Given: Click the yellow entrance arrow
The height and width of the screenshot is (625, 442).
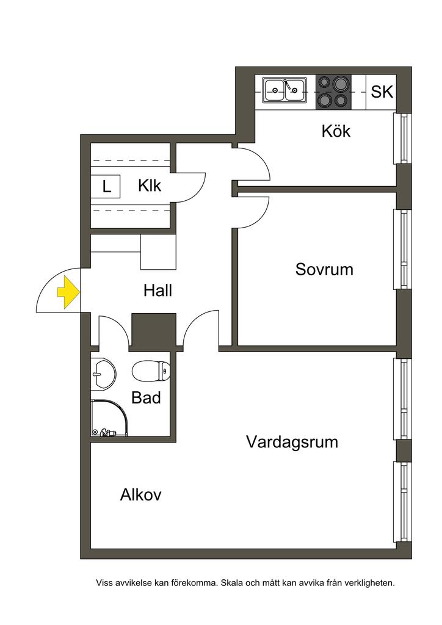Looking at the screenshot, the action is [68, 292].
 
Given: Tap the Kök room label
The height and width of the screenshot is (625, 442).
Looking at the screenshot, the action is [336, 131].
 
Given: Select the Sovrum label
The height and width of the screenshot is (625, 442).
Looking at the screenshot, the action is [324, 269].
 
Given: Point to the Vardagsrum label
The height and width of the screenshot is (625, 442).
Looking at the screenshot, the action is [292, 441].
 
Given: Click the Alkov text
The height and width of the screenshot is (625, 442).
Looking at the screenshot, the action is [140, 494].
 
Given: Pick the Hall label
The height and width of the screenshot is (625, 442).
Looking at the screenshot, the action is [158, 291].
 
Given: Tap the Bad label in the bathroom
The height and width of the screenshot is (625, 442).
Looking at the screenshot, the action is [147, 398].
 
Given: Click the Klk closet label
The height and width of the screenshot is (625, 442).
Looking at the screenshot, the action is [150, 185].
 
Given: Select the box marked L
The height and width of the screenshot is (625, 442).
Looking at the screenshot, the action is [107, 186].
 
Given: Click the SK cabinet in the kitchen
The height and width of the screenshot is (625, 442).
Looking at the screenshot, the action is [382, 92].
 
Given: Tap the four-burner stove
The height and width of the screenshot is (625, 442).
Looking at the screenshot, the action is [333, 92].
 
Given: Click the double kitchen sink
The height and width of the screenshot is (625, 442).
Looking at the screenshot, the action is [284, 91].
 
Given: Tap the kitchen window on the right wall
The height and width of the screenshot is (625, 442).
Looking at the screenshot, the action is [402, 139].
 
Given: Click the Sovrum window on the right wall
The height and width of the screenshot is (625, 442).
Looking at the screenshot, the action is [402, 249].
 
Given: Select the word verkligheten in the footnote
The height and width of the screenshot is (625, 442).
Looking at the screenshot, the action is [369, 583].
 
